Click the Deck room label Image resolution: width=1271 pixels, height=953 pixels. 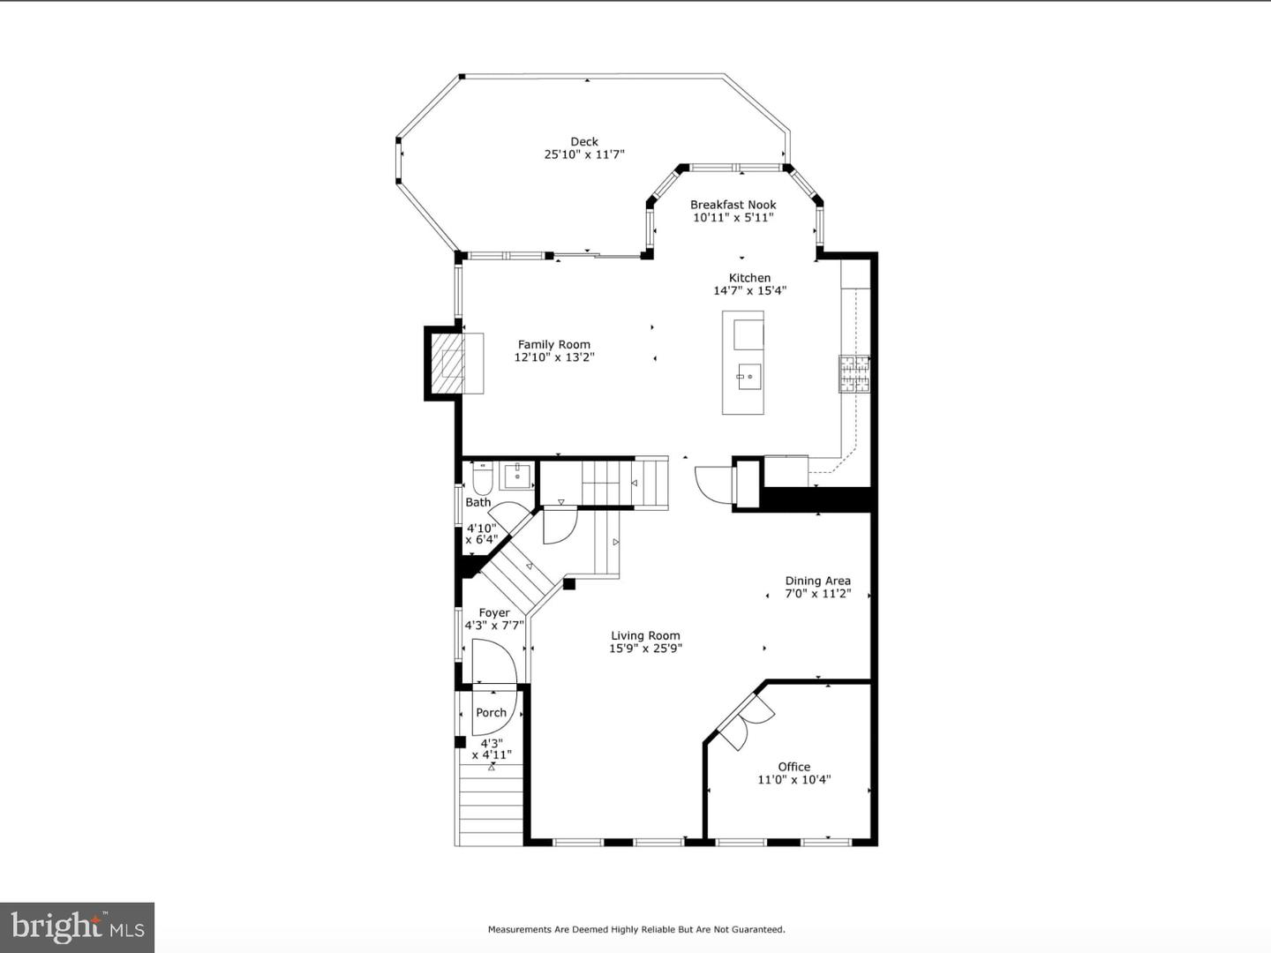tap(584, 142)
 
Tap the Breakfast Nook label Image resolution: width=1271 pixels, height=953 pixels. tap(733, 205)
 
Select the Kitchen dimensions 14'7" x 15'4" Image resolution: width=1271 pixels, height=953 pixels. tap(750, 290)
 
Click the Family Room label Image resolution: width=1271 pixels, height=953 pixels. tap(554, 344)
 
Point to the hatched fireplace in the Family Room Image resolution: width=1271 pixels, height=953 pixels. tap(447, 364)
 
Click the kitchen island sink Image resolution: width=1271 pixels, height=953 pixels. tap(749, 377)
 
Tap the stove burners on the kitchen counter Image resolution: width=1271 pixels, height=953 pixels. tap(854, 373)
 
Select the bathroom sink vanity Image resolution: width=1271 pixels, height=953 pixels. tap(517, 476)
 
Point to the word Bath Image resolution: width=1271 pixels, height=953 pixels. tap(478, 502)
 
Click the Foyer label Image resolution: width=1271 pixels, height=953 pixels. tap(494, 612)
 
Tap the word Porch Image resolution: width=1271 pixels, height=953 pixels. tap(491, 712)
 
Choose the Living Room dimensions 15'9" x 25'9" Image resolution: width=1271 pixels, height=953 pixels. tap(645, 648)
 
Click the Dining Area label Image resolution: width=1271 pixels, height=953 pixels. tap(818, 581)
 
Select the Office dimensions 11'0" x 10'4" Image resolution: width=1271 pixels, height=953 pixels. tap(794, 779)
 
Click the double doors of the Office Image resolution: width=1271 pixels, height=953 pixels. tap(745, 722)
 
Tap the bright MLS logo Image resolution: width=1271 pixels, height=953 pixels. tap(77, 927)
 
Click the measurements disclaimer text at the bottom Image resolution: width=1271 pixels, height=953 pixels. tap(636, 929)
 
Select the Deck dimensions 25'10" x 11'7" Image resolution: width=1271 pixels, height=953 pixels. tap(584, 154)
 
